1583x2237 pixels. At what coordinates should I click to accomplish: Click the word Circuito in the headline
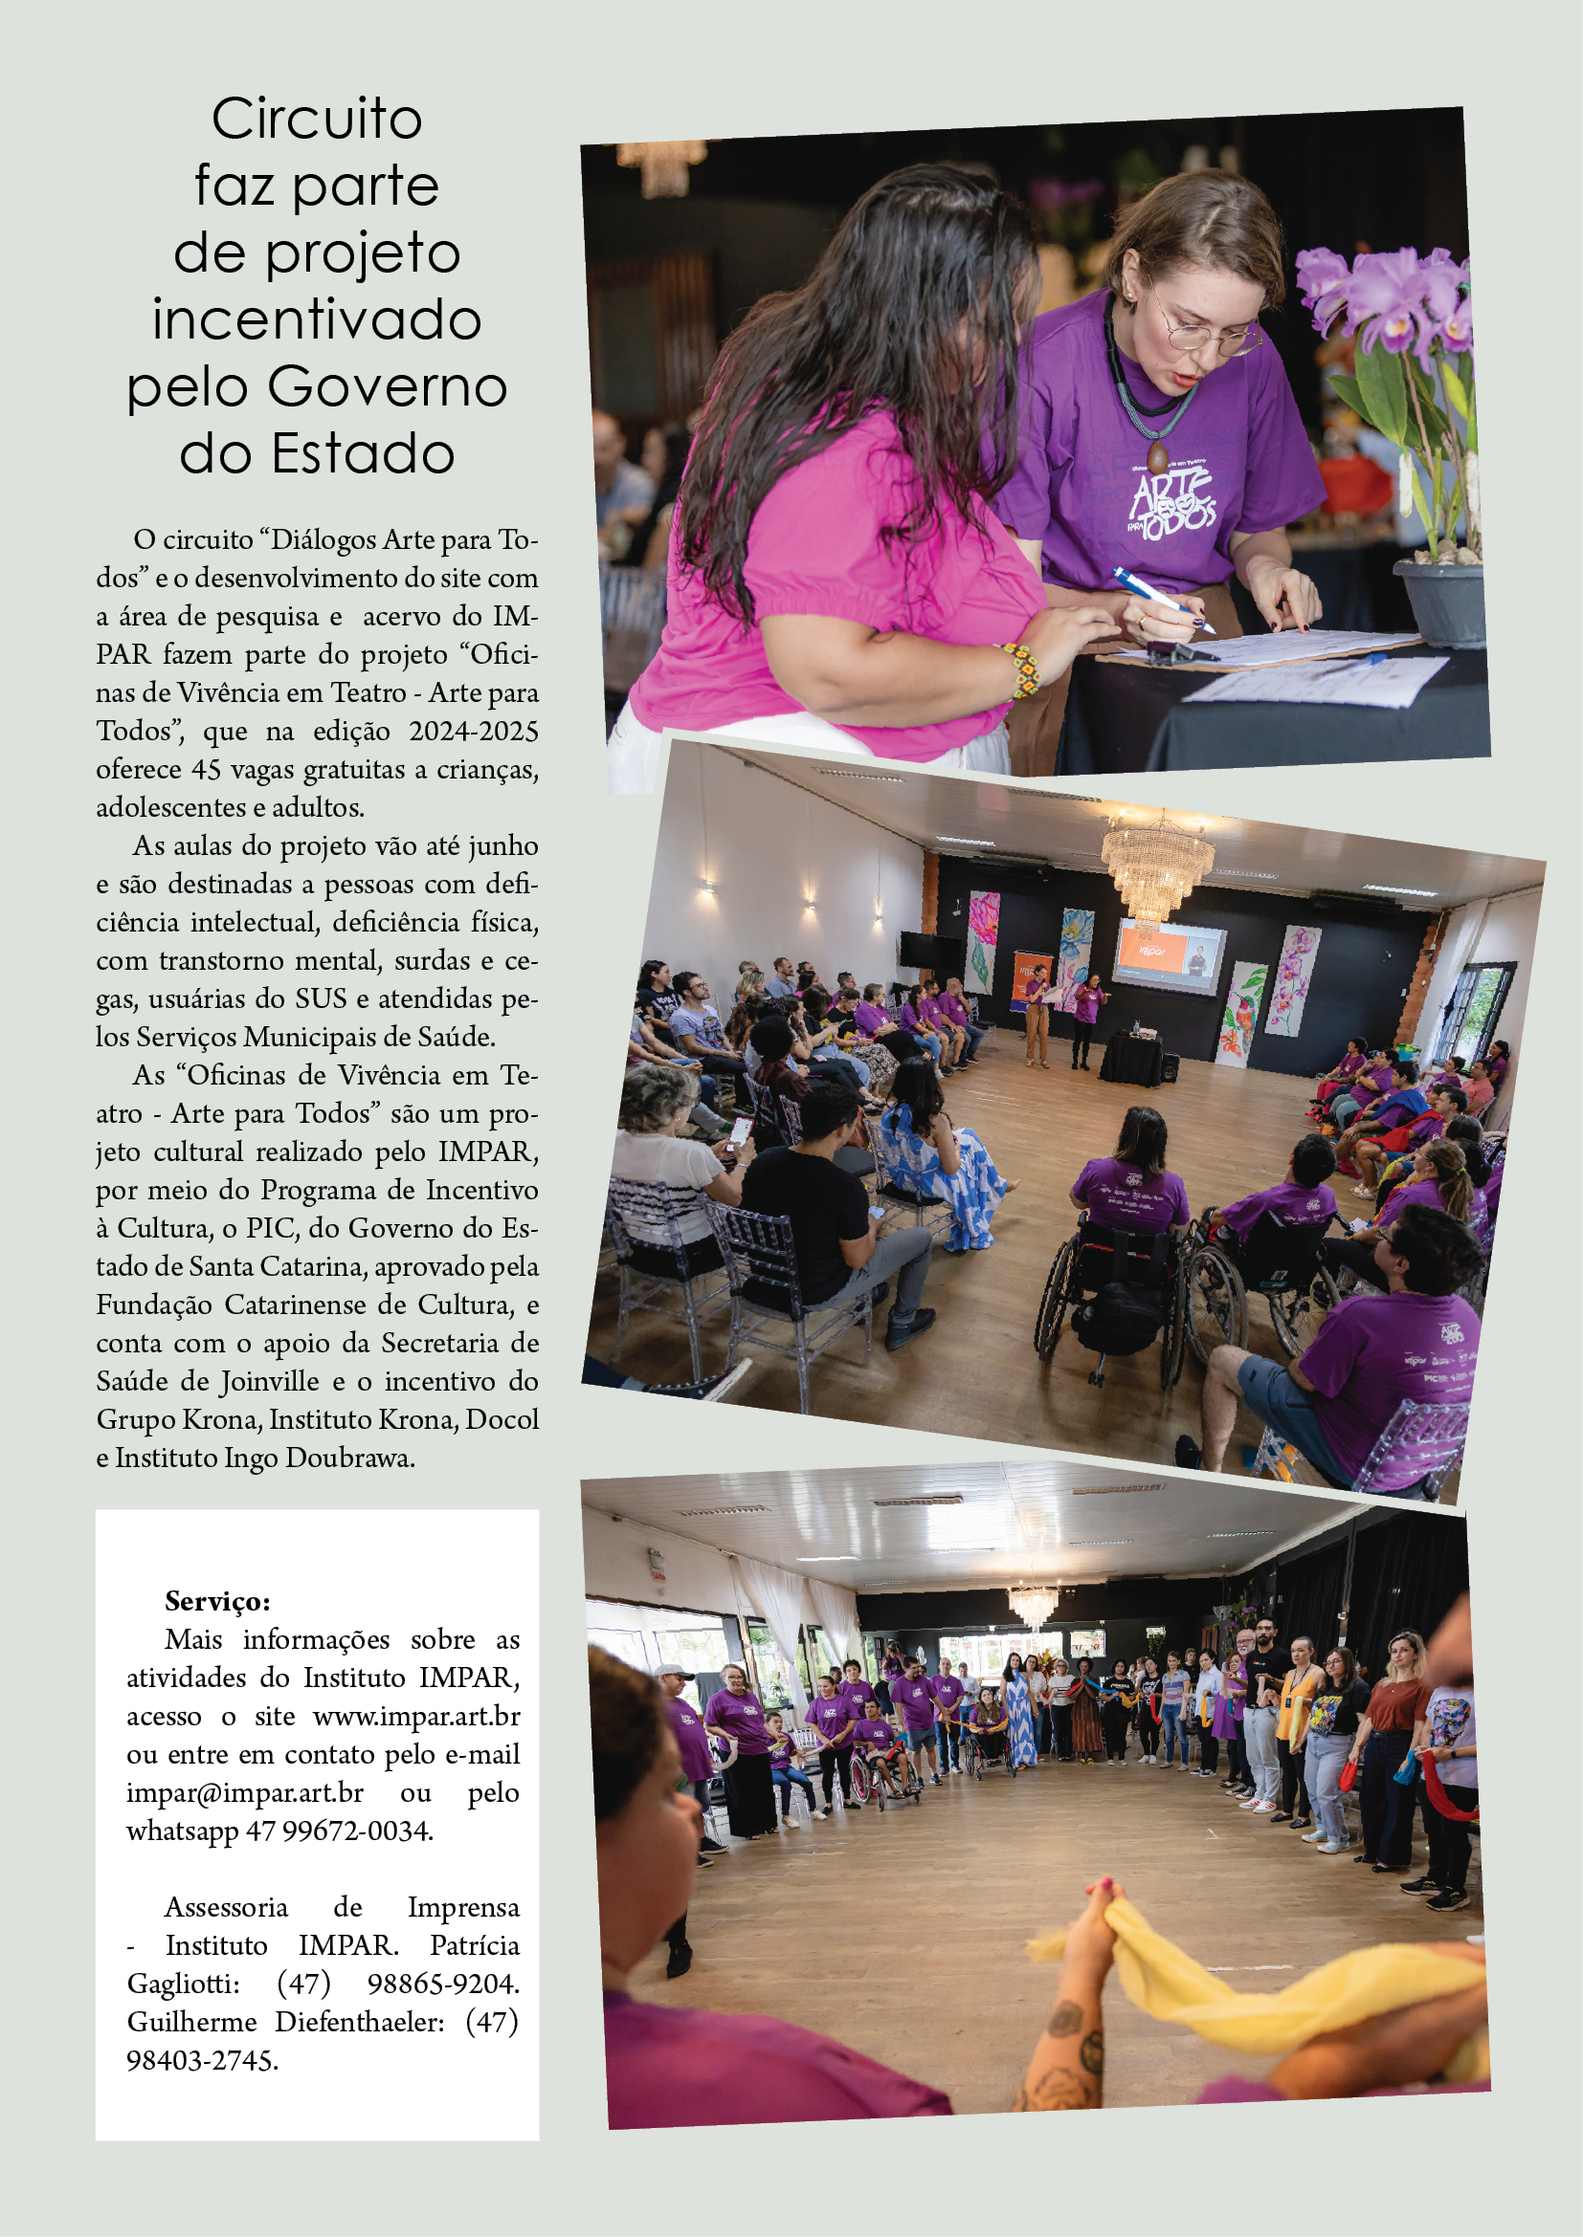(317, 120)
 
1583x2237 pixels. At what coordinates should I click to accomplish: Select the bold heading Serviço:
(217, 1601)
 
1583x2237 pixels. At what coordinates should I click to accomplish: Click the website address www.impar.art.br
(416, 1716)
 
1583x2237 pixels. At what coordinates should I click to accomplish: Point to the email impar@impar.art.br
(245, 1791)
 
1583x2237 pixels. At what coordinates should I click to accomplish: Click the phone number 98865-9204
(442, 1983)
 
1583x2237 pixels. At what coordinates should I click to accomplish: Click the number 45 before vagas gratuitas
(207, 770)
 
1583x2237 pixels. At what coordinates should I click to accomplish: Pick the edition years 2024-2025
(473, 731)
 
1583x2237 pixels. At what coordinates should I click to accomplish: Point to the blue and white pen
(1164, 601)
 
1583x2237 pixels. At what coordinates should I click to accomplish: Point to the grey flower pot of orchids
(1440, 602)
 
